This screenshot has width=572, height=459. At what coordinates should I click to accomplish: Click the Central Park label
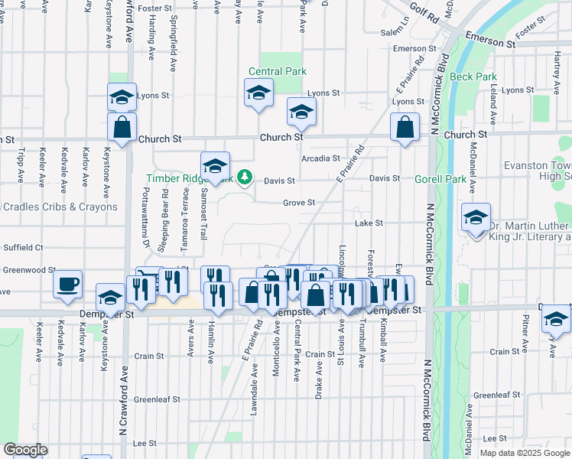(x=277, y=71)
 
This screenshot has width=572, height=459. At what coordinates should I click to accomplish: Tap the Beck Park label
(x=473, y=76)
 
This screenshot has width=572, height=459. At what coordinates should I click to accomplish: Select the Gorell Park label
(x=440, y=179)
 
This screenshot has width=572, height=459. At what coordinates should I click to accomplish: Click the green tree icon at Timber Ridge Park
(x=244, y=177)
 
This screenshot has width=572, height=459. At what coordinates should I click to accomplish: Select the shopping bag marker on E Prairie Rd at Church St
(x=405, y=128)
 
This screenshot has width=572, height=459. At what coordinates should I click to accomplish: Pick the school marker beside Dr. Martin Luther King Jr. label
(x=476, y=218)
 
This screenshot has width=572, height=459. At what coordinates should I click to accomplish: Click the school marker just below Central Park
(x=259, y=95)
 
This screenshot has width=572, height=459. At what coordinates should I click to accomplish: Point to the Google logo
(x=24, y=450)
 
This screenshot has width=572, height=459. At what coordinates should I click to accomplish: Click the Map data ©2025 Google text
(x=524, y=453)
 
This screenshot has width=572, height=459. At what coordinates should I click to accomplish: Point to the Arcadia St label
(x=320, y=158)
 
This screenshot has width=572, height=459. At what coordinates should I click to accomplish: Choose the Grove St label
(x=299, y=203)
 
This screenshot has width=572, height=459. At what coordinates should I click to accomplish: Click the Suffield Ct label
(x=23, y=247)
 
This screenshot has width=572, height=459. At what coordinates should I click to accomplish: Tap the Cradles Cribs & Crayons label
(x=60, y=207)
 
